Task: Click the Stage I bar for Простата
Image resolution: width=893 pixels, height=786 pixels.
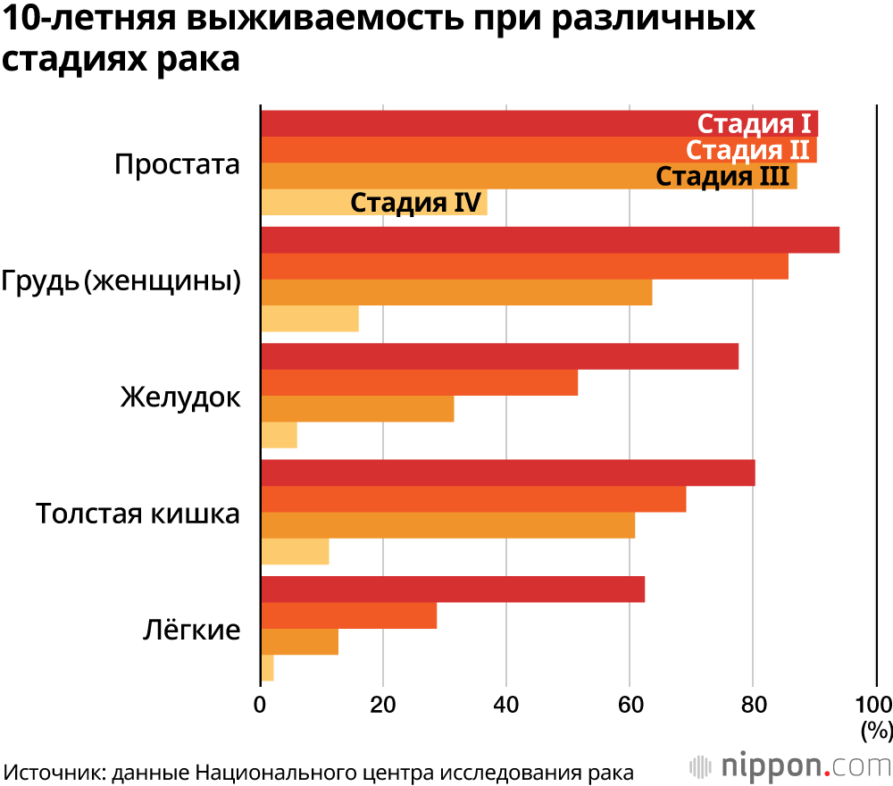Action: pyautogui.click(x=473, y=124)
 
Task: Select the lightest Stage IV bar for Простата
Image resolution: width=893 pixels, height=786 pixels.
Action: pyautogui.click(x=304, y=203)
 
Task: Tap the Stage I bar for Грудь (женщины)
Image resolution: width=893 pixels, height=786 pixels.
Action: pyautogui.click(x=549, y=240)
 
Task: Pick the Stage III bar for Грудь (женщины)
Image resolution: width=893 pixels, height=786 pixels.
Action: pyautogui.click(x=455, y=293)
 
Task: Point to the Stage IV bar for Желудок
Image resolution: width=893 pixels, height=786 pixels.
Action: pyautogui.click(x=279, y=435)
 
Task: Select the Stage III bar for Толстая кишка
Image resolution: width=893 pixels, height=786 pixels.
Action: pyautogui.click(x=446, y=526)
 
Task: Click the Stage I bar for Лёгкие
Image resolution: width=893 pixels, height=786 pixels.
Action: pyautogui.click(x=452, y=589)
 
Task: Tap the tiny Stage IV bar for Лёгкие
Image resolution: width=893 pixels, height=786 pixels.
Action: pyautogui.click(x=267, y=668)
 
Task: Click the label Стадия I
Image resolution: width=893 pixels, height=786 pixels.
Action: pyautogui.click(x=754, y=124)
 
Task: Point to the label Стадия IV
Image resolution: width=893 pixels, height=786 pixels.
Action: pyautogui.click(x=416, y=203)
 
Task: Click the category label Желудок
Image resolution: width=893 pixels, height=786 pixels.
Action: pyautogui.click(x=180, y=397)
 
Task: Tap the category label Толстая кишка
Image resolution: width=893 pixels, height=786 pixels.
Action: pyautogui.click(x=138, y=514)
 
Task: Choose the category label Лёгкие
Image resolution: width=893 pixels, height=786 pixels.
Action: pyautogui.click(x=192, y=630)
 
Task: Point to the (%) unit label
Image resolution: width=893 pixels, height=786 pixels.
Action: pyautogui.click(x=876, y=731)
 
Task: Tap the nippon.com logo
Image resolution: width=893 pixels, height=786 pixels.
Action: pyautogui.click(x=790, y=766)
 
